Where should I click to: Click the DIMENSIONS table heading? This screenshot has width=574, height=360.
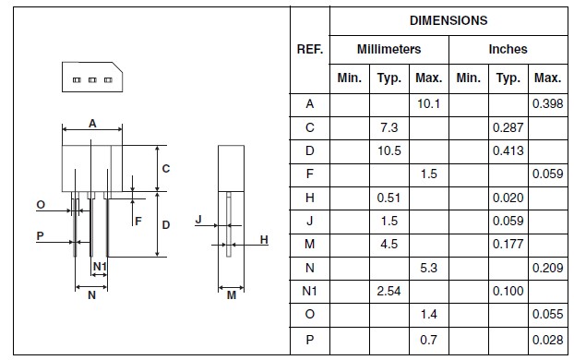448,20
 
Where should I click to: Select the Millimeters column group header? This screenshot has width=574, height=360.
389,49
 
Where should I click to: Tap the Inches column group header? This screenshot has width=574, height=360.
508,49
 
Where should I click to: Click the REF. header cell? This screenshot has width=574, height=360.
310,49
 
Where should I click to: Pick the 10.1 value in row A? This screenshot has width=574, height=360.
428,104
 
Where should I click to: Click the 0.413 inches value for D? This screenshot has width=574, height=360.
508,150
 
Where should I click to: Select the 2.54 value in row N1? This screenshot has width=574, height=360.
389,291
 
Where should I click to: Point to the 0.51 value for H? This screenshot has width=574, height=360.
389,198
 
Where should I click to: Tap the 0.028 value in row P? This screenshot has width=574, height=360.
547,340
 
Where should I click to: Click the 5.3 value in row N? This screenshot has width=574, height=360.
428,268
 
